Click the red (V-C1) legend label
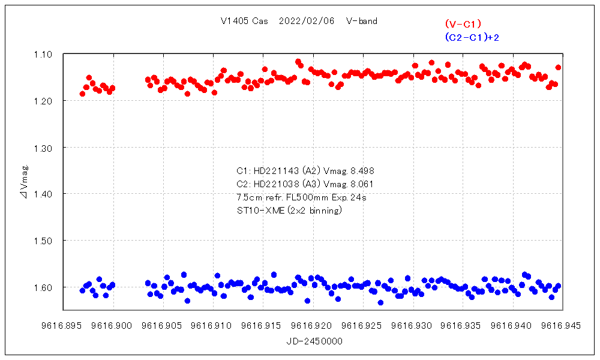click(x=463, y=24)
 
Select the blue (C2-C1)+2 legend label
click(x=472, y=37)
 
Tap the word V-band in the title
click(x=362, y=21)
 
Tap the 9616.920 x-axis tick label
click(x=314, y=326)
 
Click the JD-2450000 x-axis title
click(x=314, y=340)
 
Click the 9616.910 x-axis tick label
click(x=214, y=326)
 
